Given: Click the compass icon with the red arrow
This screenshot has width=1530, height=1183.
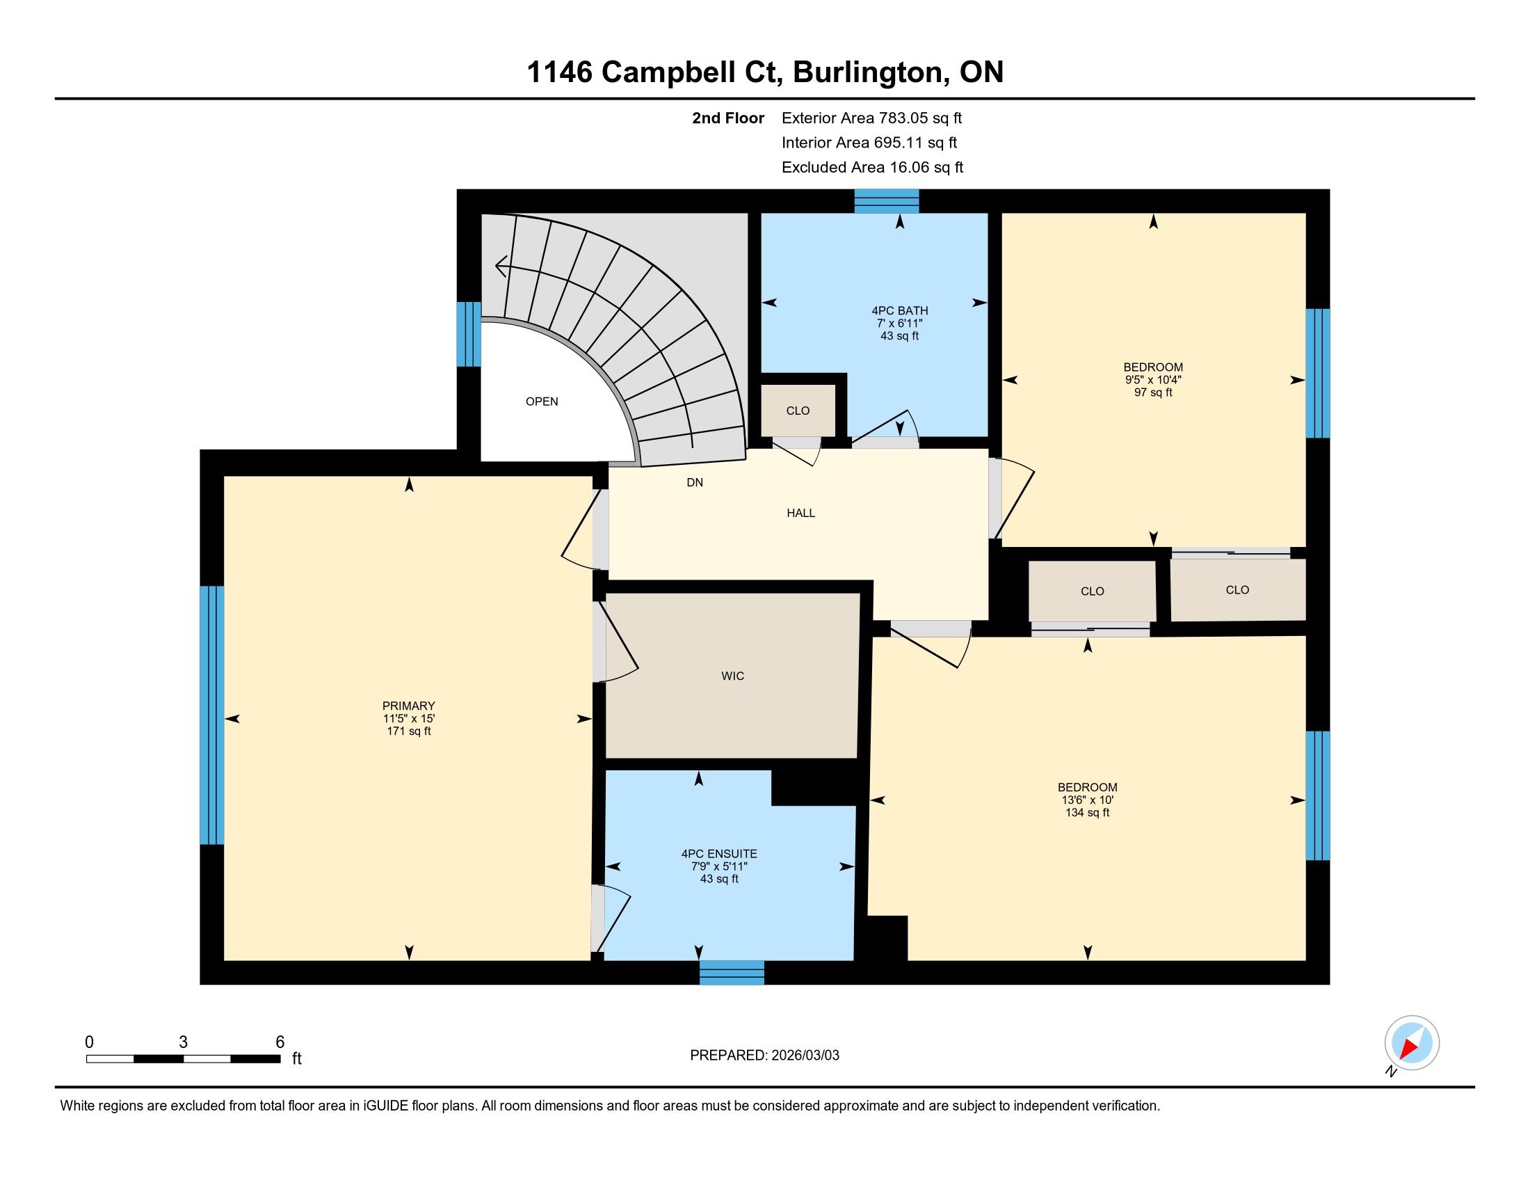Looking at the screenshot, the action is click(x=1412, y=1043).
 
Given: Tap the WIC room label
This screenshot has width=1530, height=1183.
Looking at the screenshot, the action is click(x=732, y=676).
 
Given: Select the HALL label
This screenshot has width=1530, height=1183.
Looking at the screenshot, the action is click(x=800, y=513).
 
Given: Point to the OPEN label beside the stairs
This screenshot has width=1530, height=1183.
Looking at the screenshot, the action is click(x=542, y=402).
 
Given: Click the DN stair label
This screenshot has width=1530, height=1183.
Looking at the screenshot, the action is click(x=694, y=482).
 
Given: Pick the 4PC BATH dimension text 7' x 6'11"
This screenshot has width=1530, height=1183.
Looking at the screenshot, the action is click(x=899, y=323).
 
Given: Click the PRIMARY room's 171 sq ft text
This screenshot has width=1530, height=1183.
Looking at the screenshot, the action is click(x=408, y=731).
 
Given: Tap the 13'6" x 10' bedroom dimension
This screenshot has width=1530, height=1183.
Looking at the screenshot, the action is click(x=1087, y=800).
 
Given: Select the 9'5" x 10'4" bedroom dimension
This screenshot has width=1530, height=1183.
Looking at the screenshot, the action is click(x=1153, y=380).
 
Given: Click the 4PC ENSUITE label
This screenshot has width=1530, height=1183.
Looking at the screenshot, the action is click(x=719, y=854).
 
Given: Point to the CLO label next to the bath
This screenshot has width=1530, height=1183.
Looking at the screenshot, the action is click(x=797, y=411).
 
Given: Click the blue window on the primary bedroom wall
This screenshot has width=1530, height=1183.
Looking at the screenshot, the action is click(x=211, y=715).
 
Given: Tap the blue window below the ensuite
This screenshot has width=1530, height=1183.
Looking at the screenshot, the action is click(x=732, y=973).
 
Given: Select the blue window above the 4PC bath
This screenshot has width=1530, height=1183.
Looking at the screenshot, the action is click(x=886, y=201).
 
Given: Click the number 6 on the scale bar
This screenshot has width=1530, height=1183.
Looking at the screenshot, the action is click(x=280, y=1042).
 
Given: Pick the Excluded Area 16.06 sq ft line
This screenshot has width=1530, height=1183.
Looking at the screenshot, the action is click(x=872, y=168).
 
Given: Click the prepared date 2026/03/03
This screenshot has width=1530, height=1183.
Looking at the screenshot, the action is click(x=804, y=1056).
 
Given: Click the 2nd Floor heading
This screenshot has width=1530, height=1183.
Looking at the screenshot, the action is click(x=728, y=118).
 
